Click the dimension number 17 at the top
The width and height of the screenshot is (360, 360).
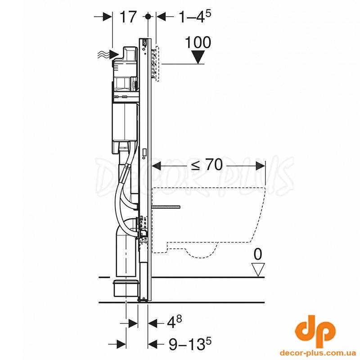[x=128, y=17]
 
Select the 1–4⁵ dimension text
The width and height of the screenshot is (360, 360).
[x=195, y=17]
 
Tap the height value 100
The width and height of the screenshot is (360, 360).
[x=198, y=42]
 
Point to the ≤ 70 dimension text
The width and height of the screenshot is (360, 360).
[x=207, y=165]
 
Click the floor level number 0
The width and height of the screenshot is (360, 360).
[x=258, y=255]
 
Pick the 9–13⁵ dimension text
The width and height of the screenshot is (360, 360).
[x=190, y=344]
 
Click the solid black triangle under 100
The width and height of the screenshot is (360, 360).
[x=198, y=57]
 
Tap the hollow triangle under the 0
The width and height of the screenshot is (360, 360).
[x=258, y=270]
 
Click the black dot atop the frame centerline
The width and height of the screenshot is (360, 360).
[x=148, y=17]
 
